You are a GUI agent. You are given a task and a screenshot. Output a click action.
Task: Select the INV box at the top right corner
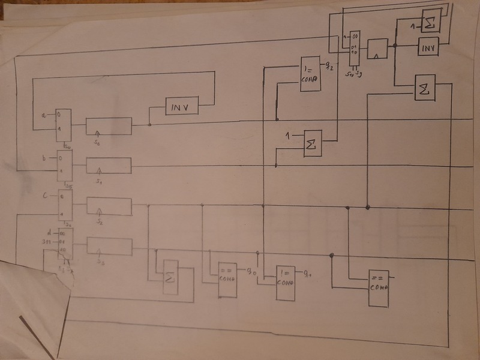click(x=428, y=47)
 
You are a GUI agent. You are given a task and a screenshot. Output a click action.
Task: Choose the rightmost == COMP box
click(x=378, y=287)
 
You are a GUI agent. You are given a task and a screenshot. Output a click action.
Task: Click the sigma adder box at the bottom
click(x=170, y=277)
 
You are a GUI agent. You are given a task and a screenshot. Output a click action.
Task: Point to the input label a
click(x=43, y=114)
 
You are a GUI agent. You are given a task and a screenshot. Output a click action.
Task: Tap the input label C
click(x=45, y=196)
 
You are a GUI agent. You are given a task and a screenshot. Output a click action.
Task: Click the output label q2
click(x=329, y=64)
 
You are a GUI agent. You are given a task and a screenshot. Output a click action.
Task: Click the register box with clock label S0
click(x=108, y=127)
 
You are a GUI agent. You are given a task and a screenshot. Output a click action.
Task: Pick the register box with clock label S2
click(x=109, y=206)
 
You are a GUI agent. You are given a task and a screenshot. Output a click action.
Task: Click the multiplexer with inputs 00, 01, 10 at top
click(x=354, y=49)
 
